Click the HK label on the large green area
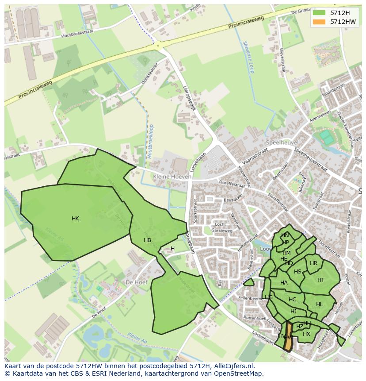click(x=75, y=219)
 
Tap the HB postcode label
click(x=148, y=240)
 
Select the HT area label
click(x=321, y=280)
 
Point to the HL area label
click(x=320, y=304)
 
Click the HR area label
click(x=313, y=263)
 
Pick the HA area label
click(x=284, y=283)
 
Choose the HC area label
click(x=292, y=300)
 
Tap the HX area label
click(x=306, y=334)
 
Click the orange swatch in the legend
click(x=318, y=22)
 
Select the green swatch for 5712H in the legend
click(x=318, y=13)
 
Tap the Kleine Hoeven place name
click(x=172, y=177)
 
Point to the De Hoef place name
click(x=136, y=282)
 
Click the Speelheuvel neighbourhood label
click(x=282, y=142)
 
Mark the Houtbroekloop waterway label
click(x=151, y=141)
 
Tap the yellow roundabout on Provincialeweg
click(x=158, y=45)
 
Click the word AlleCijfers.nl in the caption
click(x=238, y=366)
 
